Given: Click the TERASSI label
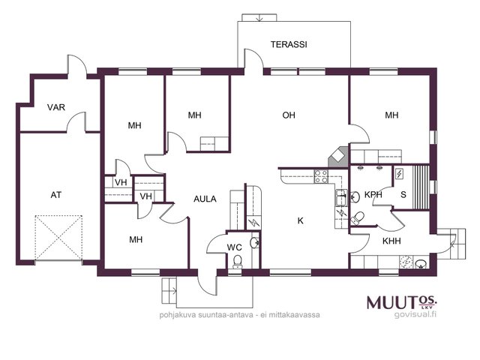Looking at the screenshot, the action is tap(289, 44).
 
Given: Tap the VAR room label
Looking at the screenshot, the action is tap(56, 107).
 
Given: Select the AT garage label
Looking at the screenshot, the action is tap(55, 195).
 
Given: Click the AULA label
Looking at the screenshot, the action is tap(205, 199).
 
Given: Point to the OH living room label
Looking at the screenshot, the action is tap(289, 115).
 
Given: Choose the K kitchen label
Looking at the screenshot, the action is tap(300, 220).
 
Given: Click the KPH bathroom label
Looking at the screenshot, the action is tap(373, 195).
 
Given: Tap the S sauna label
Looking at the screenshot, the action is tap(403, 195).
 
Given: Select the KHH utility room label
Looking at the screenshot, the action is tap(391, 241).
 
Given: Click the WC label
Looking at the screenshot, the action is tap(234, 247).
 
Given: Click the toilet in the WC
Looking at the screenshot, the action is tap(237, 262).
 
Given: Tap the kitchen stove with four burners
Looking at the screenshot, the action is tap(321, 177).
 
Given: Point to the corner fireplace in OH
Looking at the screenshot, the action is tap(338, 157).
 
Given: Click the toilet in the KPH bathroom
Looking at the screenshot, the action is tap(357, 218).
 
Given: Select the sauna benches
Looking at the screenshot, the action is tap(420, 187).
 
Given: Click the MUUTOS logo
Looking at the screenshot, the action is tap(402, 302).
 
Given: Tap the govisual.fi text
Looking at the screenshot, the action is tap(415, 314).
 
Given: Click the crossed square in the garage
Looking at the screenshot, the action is tap(58, 238).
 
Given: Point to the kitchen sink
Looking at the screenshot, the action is tap(341, 197).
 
